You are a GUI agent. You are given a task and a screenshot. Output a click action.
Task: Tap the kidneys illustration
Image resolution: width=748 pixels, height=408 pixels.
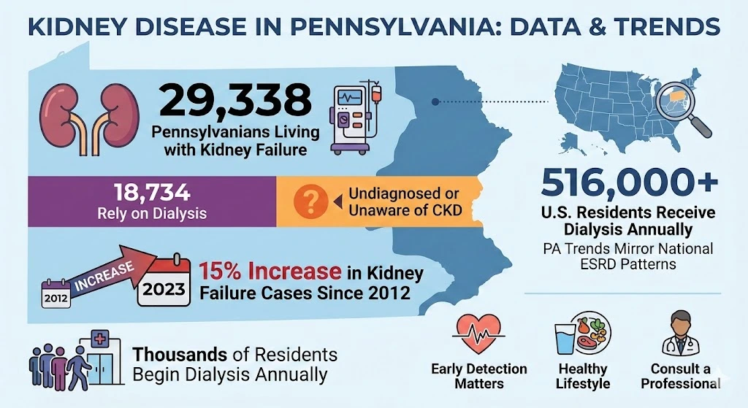pyautogui.click(x=81, y=118)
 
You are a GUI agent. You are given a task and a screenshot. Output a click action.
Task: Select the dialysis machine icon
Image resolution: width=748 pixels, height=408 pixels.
pyautogui.click(x=357, y=118)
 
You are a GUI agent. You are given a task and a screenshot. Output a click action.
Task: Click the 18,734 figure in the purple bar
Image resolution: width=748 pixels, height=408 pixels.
pyautogui.click(x=152, y=193)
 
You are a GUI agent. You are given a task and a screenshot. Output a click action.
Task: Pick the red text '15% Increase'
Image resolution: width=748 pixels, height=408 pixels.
pyautogui.click(x=270, y=272)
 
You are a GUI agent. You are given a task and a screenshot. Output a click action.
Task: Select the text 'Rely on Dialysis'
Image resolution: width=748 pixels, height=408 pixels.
pyautogui.click(x=152, y=215)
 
